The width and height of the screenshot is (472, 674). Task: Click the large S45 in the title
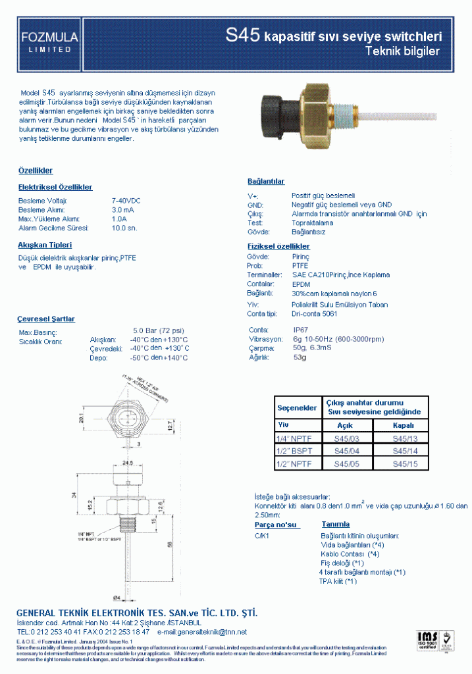tap(243, 36)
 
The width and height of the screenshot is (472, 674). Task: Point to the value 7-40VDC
tap(126, 200)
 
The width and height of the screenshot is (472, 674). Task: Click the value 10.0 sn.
tap(124, 228)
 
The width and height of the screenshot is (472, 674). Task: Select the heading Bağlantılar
tap(266, 181)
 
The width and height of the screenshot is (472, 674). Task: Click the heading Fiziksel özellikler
tap(278, 246)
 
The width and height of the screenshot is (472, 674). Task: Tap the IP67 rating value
tap(300, 329)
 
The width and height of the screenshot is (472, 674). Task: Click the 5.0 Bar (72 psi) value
tap(159, 330)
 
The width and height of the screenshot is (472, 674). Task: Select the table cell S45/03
tap(345, 438)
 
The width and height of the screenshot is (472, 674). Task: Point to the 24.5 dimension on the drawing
tap(127, 463)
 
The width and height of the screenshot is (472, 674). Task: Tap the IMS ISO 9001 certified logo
tap(427, 640)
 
